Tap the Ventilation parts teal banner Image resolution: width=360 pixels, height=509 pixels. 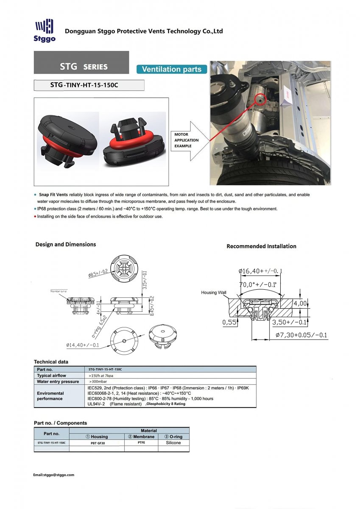(171, 69)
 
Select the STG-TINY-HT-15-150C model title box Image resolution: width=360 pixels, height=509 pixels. (89, 85)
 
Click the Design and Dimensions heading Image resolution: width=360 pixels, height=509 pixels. (66, 244)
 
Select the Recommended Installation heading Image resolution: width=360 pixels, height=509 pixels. (261, 246)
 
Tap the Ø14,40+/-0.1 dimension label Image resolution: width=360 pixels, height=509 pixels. (83, 345)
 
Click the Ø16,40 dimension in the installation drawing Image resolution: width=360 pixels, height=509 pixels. (260, 271)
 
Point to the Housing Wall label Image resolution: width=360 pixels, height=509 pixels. (214, 293)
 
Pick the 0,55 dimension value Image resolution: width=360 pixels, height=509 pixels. (229, 322)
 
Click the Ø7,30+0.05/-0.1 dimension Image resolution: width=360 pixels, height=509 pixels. (301, 335)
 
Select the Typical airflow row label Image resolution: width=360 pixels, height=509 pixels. (51, 375)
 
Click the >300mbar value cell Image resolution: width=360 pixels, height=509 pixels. (97, 382)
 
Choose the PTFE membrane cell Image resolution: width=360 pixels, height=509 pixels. (141, 442)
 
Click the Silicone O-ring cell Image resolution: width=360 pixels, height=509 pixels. (173, 442)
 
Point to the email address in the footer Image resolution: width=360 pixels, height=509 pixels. (54, 475)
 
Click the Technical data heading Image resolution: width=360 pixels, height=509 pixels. (51, 362)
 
